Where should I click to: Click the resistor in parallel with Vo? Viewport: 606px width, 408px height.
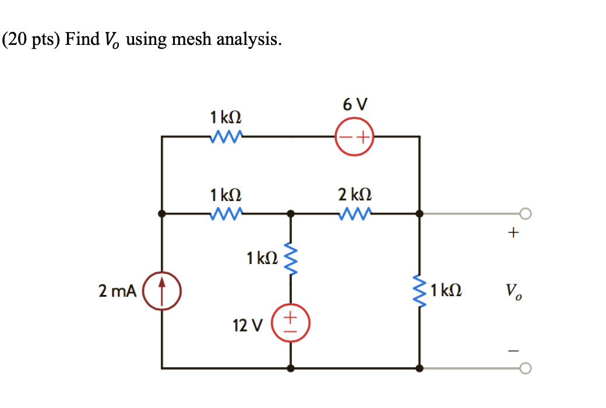click(420, 290)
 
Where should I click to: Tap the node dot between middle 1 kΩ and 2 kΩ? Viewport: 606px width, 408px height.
click(291, 214)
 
